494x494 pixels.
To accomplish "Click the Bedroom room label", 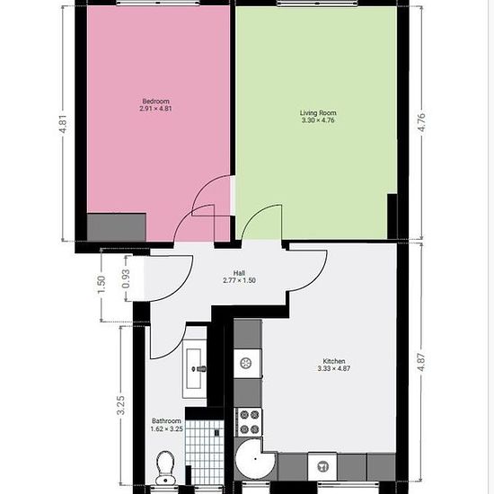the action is pos(155,101).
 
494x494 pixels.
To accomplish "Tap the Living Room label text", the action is pos(318,113).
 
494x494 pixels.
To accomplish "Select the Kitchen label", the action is pos(334,361).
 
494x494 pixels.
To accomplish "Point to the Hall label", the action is pos(239,273).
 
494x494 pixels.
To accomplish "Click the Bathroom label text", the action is pos(166,421).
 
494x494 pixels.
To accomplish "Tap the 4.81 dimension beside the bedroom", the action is pos(63,124).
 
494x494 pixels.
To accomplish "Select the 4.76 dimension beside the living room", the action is pos(421,122).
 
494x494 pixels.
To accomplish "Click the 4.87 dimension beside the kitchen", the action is pos(421,362).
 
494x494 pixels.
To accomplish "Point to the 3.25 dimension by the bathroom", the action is pos(121,405).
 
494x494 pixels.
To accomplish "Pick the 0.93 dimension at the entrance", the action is pos(126,278).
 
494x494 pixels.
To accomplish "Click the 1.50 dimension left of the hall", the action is pos(101,285).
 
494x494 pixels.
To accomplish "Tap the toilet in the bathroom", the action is pos(165,468).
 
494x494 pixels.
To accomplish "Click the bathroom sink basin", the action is pos(194,368).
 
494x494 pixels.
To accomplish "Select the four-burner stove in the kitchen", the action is pos(249,422).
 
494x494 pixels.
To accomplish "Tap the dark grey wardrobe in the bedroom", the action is pos(117,227).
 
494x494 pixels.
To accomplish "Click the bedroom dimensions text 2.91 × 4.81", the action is pos(155,109).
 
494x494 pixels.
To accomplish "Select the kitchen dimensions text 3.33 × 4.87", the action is pos(334,368).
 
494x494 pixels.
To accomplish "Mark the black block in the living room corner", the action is pos(392,216).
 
